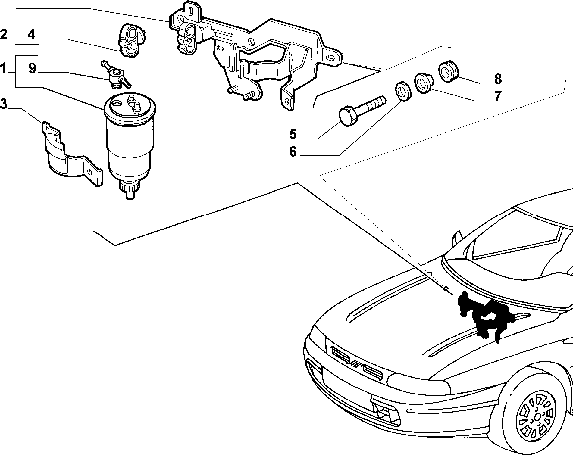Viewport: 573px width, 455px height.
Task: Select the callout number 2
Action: [x=3, y=35]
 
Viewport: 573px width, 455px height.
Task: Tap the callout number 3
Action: [x=3, y=104]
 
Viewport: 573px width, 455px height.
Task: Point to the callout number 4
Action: [x=31, y=35]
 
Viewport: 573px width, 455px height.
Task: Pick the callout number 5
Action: [x=293, y=134]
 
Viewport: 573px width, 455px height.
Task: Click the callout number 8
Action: [x=498, y=79]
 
